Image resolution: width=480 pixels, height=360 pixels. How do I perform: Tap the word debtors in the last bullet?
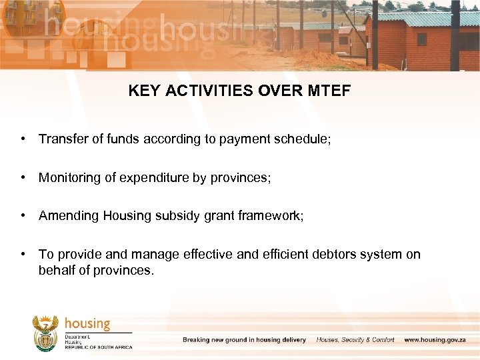[x=327, y=254]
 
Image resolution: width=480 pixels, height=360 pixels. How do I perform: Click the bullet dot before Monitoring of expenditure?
[x=23, y=177]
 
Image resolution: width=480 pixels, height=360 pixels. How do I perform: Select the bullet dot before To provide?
[x=23, y=254]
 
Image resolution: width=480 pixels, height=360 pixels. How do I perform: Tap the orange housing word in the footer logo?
[x=87, y=323]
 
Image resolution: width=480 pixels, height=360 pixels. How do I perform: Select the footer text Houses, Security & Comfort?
[x=355, y=340]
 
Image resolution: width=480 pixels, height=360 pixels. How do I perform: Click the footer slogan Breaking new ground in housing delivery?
[x=244, y=340]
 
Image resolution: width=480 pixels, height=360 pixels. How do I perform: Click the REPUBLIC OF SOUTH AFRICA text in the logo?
[x=98, y=347]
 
